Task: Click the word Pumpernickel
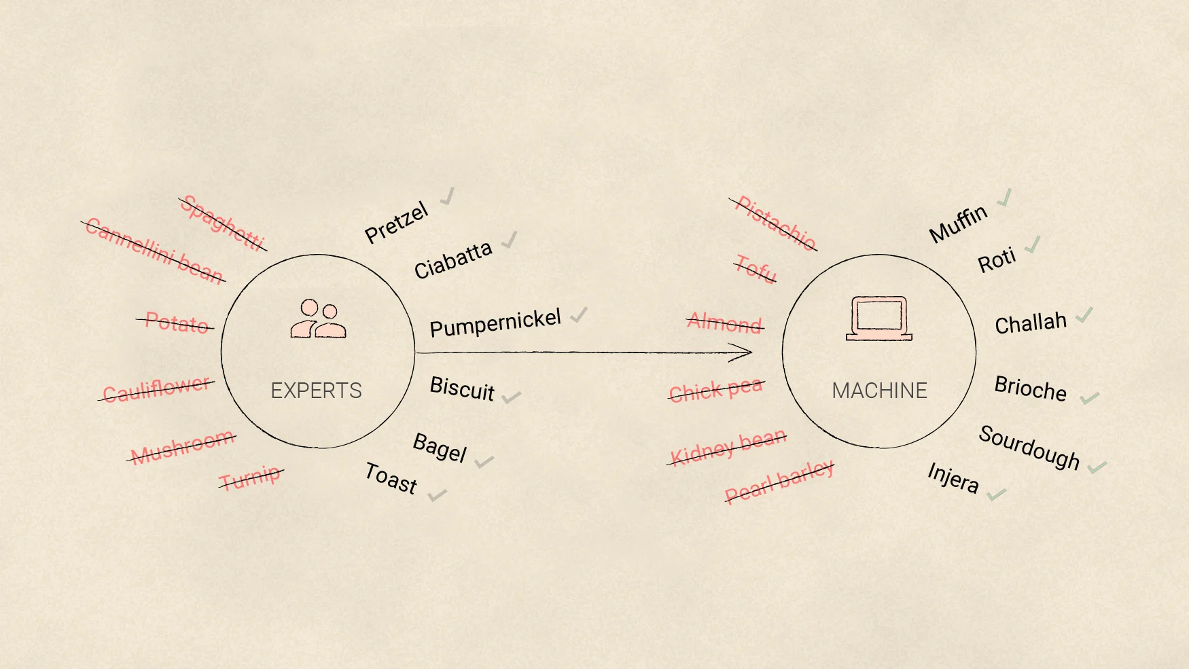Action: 495,323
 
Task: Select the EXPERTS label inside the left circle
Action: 316,391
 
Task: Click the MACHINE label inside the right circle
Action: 879,391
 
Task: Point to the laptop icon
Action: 879,318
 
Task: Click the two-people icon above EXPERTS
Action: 318,319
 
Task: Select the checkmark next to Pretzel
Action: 447,197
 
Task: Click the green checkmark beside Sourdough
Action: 1097,467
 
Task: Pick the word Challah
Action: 1031,323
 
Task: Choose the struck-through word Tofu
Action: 756,268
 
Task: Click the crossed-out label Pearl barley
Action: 779,482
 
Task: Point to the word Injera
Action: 953,478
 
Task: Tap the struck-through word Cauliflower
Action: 156,389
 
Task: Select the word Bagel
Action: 440,448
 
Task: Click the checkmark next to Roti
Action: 1032,245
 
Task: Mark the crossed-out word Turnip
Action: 250,477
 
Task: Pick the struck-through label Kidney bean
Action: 727,446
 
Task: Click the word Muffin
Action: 958,223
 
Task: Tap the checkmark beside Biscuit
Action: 511,397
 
